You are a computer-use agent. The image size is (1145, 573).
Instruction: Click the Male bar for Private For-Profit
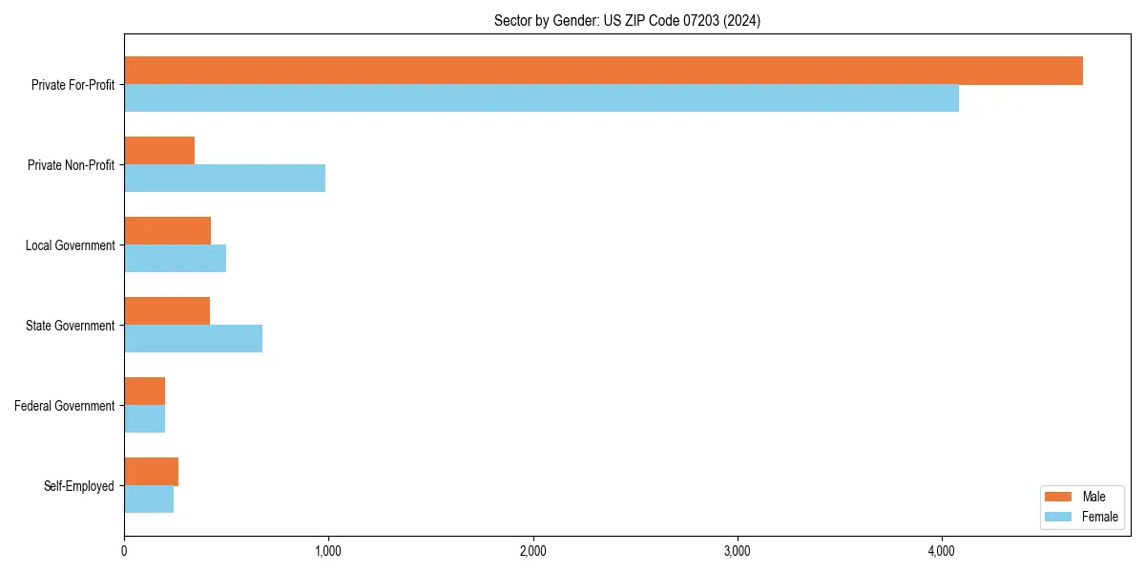pyautogui.click(x=603, y=71)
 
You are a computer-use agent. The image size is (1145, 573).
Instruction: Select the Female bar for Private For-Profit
pyautogui.click(x=541, y=98)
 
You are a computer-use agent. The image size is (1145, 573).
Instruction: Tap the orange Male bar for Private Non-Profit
pyautogui.click(x=159, y=151)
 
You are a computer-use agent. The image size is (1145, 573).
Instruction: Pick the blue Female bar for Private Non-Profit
pyautogui.click(x=224, y=179)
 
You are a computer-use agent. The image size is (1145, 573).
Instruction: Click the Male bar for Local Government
pyautogui.click(x=167, y=231)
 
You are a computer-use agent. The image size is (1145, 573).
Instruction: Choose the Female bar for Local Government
pyautogui.click(x=175, y=259)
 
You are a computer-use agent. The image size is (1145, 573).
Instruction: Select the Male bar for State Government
pyautogui.click(x=167, y=311)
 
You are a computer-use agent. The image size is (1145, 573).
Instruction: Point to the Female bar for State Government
pyautogui.click(x=193, y=339)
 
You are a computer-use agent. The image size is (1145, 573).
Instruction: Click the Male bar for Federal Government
pyautogui.click(x=144, y=392)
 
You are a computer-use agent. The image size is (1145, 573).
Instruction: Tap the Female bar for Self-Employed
pyautogui.click(x=149, y=499)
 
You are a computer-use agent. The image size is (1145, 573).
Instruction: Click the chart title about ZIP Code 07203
pyautogui.click(x=627, y=20)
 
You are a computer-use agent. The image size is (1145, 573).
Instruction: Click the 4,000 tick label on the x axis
pyautogui.click(x=941, y=551)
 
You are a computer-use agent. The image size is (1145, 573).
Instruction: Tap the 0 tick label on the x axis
pyautogui.click(x=124, y=551)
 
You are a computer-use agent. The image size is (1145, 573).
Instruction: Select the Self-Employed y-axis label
pyautogui.click(x=79, y=486)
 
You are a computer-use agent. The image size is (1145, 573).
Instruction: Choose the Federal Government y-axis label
pyautogui.click(x=65, y=406)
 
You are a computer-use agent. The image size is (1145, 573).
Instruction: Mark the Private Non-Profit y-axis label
pyautogui.click(x=71, y=165)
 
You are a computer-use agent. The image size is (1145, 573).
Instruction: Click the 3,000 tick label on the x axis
pyautogui.click(x=737, y=551)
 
